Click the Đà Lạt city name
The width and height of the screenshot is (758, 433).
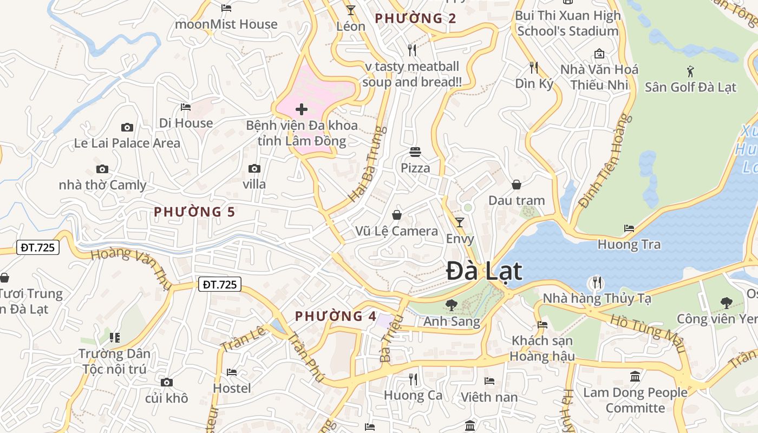click(484, 271)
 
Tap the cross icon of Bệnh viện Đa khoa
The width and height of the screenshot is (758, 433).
click(302, 110)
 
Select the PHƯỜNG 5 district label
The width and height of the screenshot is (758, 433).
click(194, 212)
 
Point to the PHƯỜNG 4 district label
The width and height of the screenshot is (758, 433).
click(335, 316)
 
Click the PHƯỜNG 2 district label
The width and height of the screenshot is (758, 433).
click(415, 18)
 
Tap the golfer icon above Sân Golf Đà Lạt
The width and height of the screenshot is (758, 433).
click(690, 71)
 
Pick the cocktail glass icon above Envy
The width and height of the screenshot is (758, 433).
click(460, 222)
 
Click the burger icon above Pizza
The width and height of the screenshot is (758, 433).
click(415, 152)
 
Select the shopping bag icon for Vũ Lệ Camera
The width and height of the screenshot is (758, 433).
click(397, 215)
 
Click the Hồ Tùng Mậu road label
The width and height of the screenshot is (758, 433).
click(648, 332)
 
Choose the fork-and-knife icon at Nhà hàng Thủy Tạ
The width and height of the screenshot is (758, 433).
click(597, 282)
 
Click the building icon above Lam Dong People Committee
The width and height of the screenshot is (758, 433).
click(635, 376)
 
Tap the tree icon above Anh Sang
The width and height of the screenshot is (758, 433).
click(451, 305)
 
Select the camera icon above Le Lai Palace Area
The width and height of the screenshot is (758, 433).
click(127, 128)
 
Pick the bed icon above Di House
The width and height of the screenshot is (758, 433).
click(186, 107)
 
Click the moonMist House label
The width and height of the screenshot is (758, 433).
click(226, 24)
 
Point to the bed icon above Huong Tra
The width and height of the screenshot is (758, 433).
click(629, 228)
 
